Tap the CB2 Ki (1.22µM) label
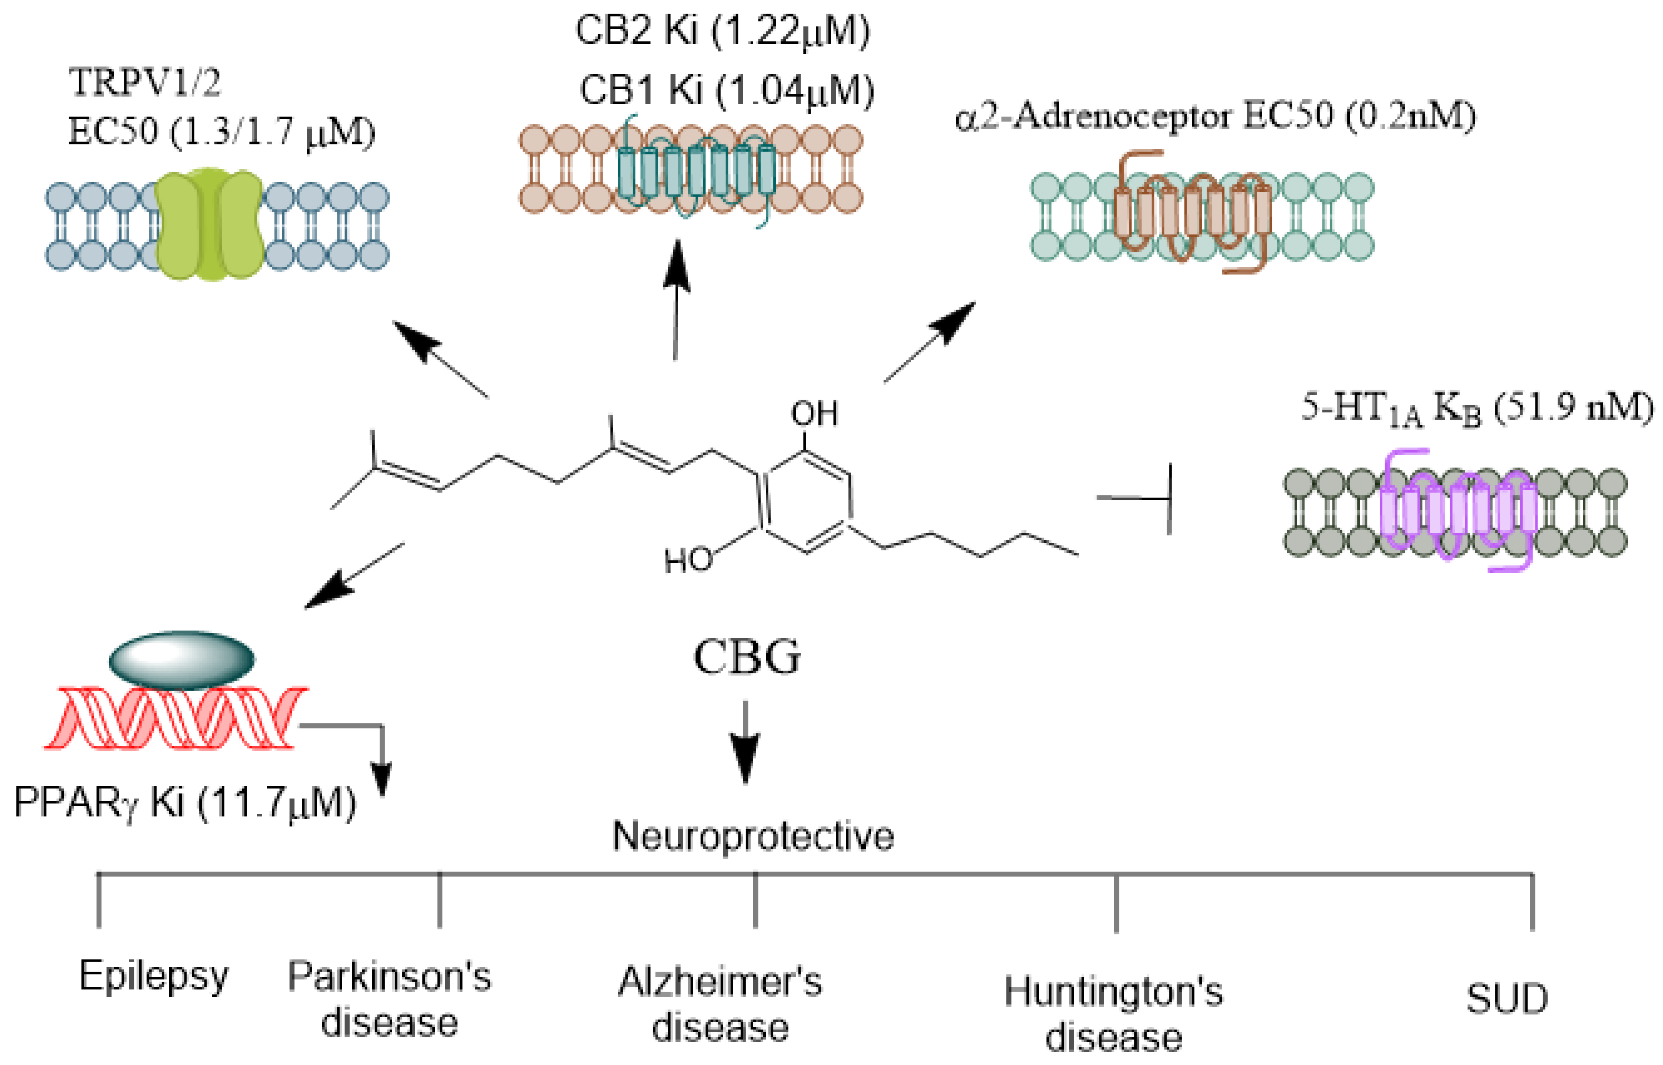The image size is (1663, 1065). (722, 31)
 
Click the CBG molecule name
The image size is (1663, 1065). (747, 657)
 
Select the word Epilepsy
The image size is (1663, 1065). (154, 976)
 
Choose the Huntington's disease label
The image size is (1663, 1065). (1113, 1013)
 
